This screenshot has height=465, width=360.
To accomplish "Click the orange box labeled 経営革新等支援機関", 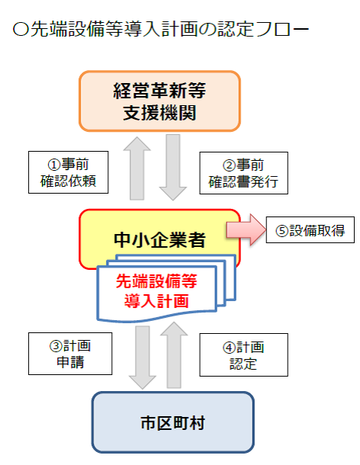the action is [159, 101].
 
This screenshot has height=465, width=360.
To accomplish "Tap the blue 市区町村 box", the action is [172, 422].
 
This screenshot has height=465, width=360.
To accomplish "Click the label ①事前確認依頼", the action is [68, 172].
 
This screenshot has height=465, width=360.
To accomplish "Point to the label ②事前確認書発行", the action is [243, 173].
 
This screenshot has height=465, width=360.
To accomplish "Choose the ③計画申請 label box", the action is [70, 354].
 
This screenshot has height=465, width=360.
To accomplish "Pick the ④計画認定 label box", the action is [243, 354].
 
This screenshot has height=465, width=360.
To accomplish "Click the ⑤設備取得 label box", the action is [310, 229].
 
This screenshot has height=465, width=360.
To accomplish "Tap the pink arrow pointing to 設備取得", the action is [246, 229].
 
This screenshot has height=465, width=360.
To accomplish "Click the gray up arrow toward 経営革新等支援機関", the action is [137, 168].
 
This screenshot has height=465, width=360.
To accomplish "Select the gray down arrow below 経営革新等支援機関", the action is [173, 167].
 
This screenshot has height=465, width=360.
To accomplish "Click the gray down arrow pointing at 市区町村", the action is [143, 358].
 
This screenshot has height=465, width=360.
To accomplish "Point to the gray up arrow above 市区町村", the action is [174, 355].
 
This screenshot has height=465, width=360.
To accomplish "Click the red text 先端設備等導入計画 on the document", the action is [156, 291].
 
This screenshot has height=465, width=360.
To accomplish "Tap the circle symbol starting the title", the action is [21, 29].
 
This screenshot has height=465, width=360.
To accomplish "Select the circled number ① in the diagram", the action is [54, 165].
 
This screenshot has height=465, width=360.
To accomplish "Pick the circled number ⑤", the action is [282, 231].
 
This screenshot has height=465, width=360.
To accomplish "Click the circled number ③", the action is [56, 346].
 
